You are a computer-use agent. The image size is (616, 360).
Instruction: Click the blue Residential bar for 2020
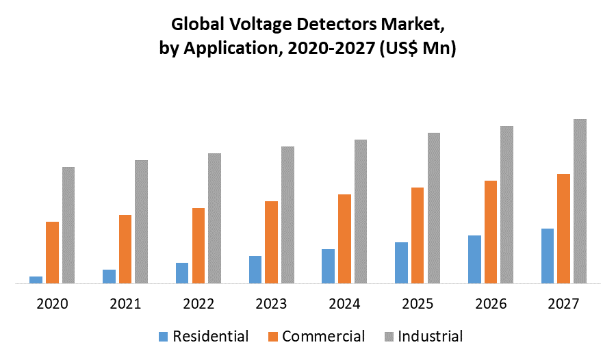pyautogui.click(x=36, y=279)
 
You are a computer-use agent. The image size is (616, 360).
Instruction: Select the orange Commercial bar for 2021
pyautogui.click(x=125, y=248)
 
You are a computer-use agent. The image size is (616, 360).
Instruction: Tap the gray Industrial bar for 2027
pyautogui.click(x=580, y=201)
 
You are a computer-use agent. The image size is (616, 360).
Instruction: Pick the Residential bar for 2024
pyautogui.click(x=328, y=266)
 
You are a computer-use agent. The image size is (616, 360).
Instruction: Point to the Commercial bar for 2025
pyautogui.click(x=418, y=235)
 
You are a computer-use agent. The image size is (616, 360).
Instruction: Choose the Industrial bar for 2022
pyautogui.click(x=215, y=218)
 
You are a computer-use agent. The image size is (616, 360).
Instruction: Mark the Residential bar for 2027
pyautogui.click(x=547, y=255)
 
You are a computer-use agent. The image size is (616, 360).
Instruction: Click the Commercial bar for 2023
pyautogui.click(x=271, y=242)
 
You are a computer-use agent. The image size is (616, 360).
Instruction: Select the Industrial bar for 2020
pyautogui.click(x=68, y=224)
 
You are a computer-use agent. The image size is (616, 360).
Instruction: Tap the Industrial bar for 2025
pyautogui.click(x=434, y=207)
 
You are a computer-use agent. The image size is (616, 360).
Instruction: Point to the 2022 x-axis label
pyautogui.click(x=198, y=303)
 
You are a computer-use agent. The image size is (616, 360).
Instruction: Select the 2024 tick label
pyautogui.click(x=344, y=303)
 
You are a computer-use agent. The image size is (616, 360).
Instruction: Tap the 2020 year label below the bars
pyautogui.click(x=52, y=303)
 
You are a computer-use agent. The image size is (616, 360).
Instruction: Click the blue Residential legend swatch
pyautogui.click(x=163, y=337)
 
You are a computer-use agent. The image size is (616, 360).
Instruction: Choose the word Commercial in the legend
pyautogui.click(x=323, y=336)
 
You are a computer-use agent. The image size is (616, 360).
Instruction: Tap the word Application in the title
pyautogui.click(x=235, y=49)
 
